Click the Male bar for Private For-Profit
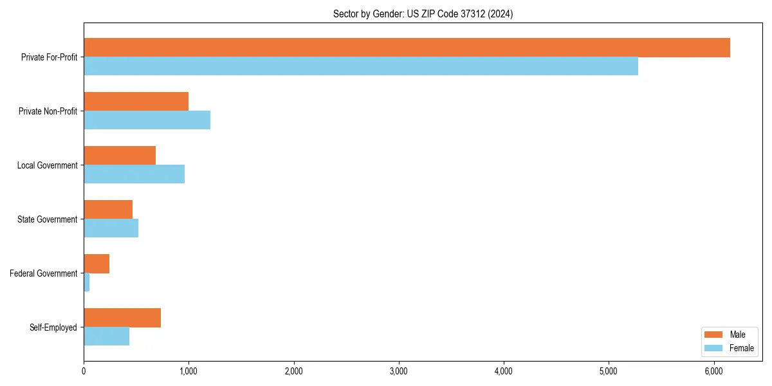[407, 48]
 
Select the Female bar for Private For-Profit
[361, 66]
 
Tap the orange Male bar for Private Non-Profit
[136, 102]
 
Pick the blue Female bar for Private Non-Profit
[147, 120]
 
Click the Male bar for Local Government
[120, 156]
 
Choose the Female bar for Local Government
[134, 174]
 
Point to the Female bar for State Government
[111, 228]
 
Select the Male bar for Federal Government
[96, 264]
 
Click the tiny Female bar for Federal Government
[86, 282]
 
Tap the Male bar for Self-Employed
[122, 318]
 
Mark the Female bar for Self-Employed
[106, 336]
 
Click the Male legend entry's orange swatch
[714, 335]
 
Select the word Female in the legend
[741, 348]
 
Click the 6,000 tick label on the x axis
[714, 371]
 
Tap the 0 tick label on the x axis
[84, 371]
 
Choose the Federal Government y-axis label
[44, 273]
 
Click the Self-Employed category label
[53, 327]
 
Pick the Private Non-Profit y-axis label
[48, 111]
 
